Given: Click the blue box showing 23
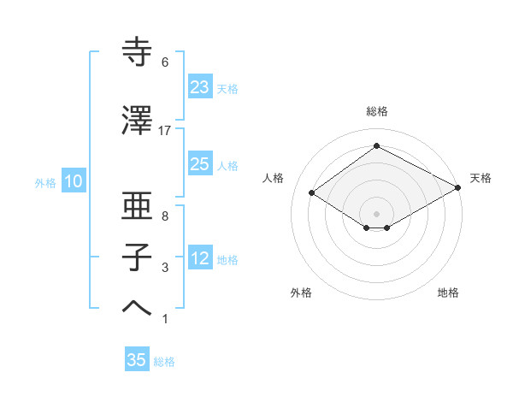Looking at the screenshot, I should [x=200, y=86].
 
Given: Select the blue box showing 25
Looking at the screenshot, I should [x=200, y=164].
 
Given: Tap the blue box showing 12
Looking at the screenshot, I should [x=200, y=258].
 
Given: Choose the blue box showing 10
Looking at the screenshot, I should [x=73, y=181].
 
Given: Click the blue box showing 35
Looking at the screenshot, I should [x=137, y=360].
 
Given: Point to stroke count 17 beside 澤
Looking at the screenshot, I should [x=165, y=130].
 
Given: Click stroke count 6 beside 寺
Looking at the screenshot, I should [x=165, y=62].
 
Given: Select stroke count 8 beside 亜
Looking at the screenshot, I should [x=165, y=216].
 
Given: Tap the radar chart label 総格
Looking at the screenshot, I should [x=376, y=111].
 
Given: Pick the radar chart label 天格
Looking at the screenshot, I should [x=481, y=178].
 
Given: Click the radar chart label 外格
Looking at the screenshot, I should [x=301, y=293].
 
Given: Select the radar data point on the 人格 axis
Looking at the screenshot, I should [x=312, y=193].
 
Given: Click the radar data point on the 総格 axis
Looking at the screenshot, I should [x=376, y=146].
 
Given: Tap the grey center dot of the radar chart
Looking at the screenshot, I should [x=376, y=212].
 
